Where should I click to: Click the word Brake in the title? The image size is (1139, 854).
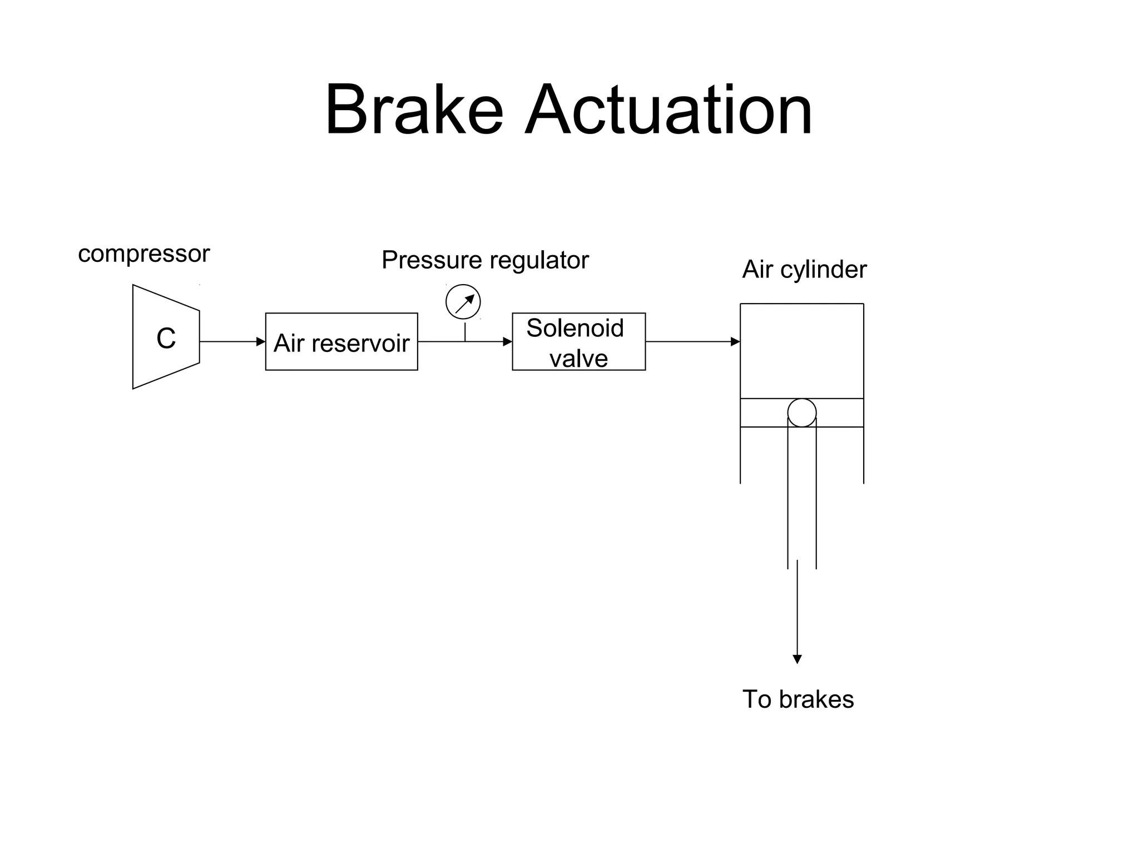pos(414,110)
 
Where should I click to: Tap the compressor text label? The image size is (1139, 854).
pos(143,254)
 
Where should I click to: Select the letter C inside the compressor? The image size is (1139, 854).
pos(166,338)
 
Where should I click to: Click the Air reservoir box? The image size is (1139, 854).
pos(341,341)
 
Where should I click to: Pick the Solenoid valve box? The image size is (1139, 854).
pos(578,341)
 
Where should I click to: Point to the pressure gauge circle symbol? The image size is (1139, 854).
pos(463,302)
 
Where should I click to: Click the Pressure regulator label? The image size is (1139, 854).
pos(485,260)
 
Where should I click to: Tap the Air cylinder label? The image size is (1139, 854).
pos(804,270)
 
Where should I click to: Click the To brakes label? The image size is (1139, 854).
pos(798,699)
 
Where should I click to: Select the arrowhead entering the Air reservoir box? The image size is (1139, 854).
pos(260,341)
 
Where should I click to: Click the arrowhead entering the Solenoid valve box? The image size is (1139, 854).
pos(507,341)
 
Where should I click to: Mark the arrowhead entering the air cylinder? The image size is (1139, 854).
pos(735,341)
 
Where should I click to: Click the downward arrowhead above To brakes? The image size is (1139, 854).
pos(797,659)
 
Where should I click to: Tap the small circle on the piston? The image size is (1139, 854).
pos(802,413)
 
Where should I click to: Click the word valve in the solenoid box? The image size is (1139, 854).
pos(578,359)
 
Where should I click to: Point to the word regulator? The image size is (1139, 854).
pos(537,261)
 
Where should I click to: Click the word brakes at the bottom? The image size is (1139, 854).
pos(816,699)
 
